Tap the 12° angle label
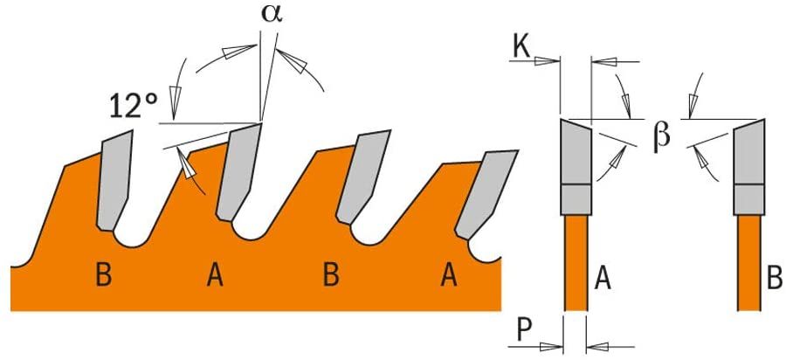point(134,106)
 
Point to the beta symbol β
point(662,135)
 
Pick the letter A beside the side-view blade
point(602,279)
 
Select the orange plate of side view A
point(576,262)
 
